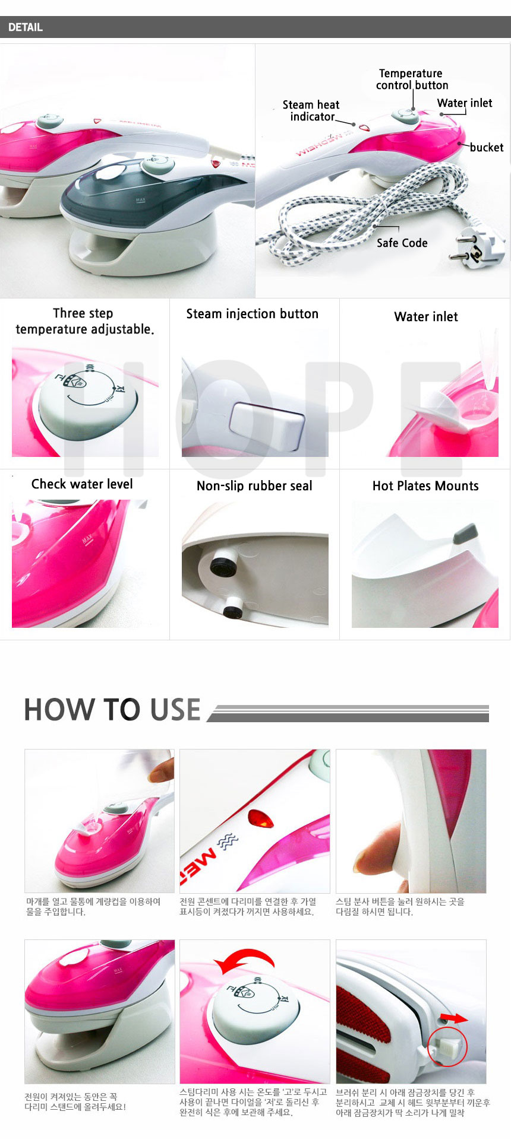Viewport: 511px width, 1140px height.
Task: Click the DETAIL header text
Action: pyautogui.click(x=26, y=27)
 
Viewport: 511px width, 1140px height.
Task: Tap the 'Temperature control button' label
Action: pyautogui.click(x=411, y=79)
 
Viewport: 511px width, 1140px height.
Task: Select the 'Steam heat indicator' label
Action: pyautogui.click(x=311, y=110)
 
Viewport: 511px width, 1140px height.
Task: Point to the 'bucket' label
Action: pyautogui.click(x=486, y=147)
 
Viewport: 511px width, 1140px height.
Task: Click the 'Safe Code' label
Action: pyautogui.click(x=402, y=243)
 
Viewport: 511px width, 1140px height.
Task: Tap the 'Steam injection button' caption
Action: pyautogui.click(x=253, y=314)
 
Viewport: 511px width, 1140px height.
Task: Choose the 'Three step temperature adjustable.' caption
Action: pyautogui.click(x=84, y=321)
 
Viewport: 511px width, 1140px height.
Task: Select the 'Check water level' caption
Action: pyautogui.click(x=82, y=484)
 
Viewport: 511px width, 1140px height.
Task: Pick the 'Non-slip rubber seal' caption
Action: pyautogui.click(x=254, y=486)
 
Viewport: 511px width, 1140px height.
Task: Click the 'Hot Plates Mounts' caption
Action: pyautogui.click(x=425, y=486)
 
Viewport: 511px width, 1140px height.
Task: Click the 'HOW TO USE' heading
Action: pyautogui.click(x=112, y=709)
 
